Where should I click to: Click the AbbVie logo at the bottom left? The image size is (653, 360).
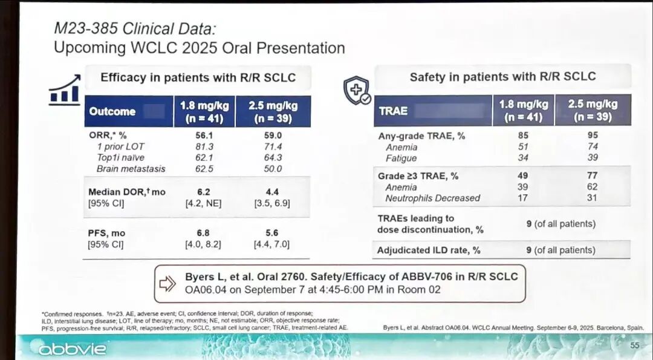pyautogui.click(x=73, y=349)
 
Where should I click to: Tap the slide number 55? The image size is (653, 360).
pyautogui.click(x=635, y=345)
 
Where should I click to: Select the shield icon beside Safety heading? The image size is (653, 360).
pyautogui.click(x=357, y=90)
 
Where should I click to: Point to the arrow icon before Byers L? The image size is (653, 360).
pyautogui.click(x=167, y=283)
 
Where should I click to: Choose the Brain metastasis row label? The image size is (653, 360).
pyautogui.click(x=131, y=169)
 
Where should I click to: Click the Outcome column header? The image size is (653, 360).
pyautogui.click(x=112, y=111)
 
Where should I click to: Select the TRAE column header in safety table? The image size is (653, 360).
pyautogui.click(x=394, y=111)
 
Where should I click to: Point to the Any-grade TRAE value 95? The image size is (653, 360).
pyautogui.click(x=593, y=136)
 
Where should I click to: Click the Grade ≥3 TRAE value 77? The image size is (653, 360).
pyautogui.click(x=593, y=176)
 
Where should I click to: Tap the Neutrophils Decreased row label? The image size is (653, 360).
pyautogui.click(x=433, y=198)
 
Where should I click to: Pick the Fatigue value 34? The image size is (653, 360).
pyautogui.click(x=523, y=158)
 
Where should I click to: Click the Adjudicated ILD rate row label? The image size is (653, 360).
pyautogui.click(x=429, y=250)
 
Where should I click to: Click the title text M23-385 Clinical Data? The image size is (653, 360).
pyautogui.click(x=134, y=28)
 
